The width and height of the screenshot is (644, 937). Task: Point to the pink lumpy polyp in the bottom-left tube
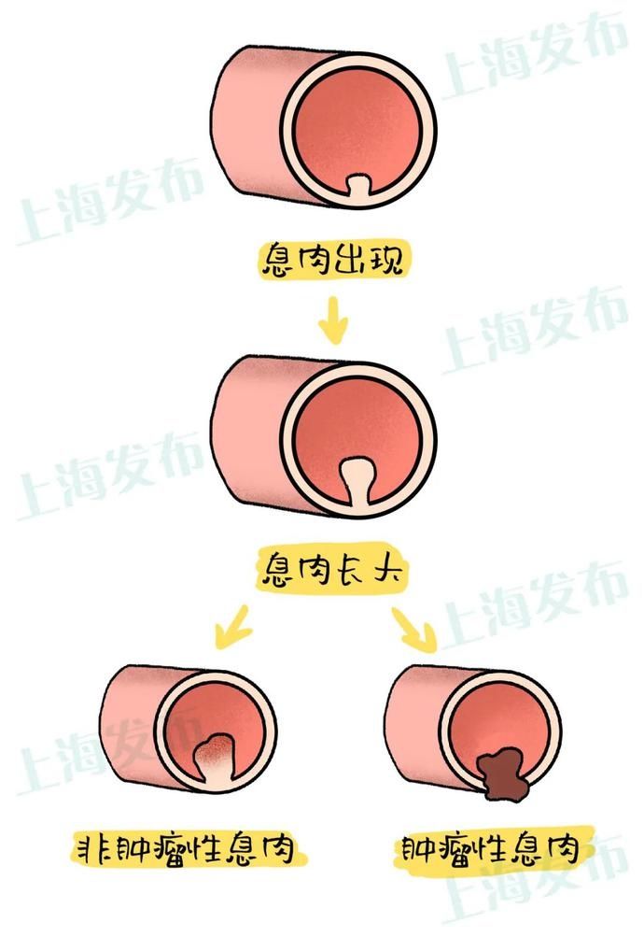pyautogui.click(x=216, y=752)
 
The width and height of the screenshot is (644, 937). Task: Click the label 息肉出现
pyautogui.click(x=331, y=260)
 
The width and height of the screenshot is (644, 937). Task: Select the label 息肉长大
pyautogui.click(x=331, y=567)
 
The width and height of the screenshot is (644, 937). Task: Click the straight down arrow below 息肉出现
pyautogui.click(x=332, y=321)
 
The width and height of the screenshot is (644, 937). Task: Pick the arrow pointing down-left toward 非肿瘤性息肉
pyautogui.click(x=232, y=627)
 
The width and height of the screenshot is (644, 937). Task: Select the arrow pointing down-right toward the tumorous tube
pyautogui.click(x=415, y=629)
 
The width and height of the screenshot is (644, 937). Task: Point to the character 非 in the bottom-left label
pyautogui.click(x=91, y=849)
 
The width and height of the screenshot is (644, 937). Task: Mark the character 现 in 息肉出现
pyautogui.click(x=386, y=260)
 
